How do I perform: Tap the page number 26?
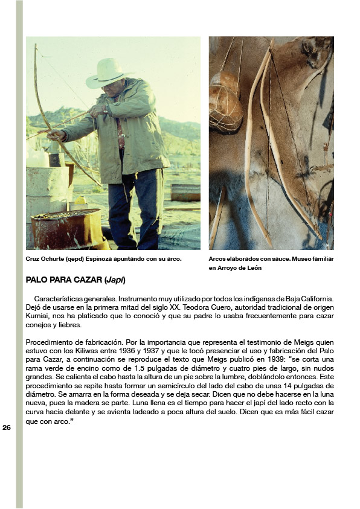click(x=7, y=427)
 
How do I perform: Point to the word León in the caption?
click(x=252, y=268)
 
